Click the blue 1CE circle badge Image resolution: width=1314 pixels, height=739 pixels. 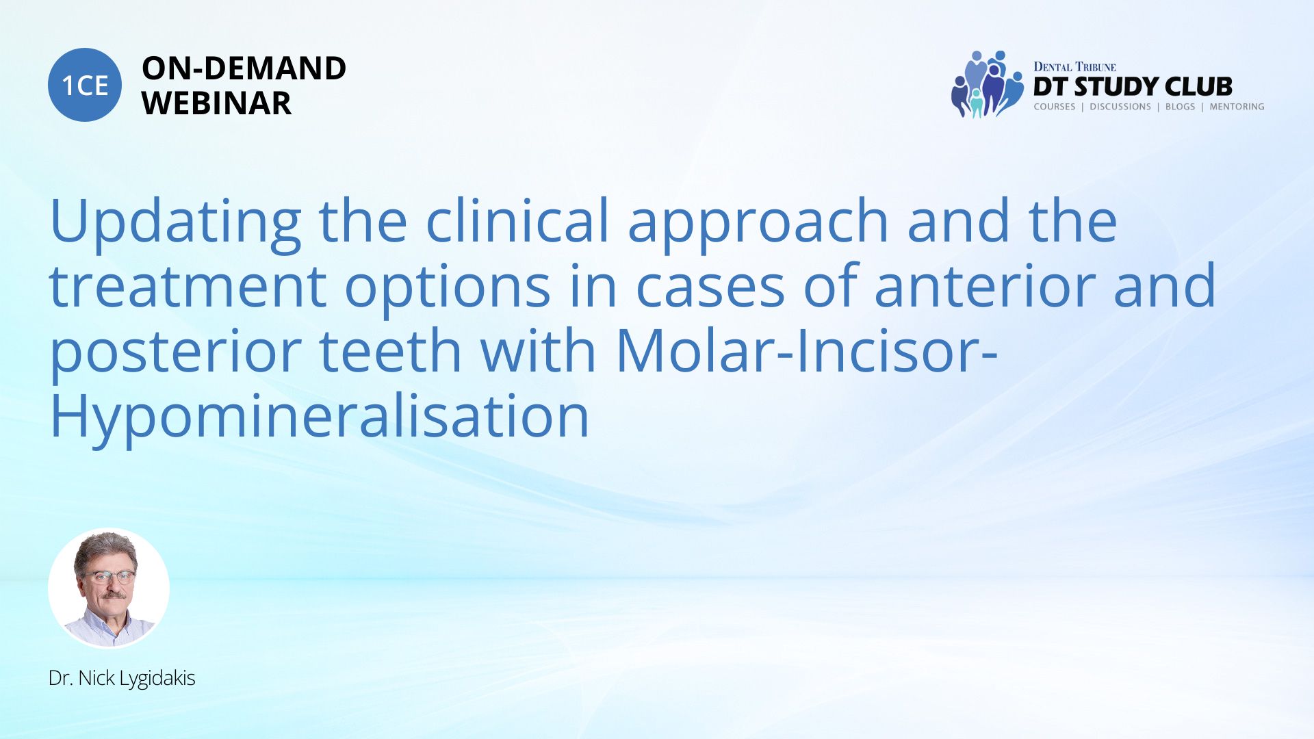(x=85, y=85)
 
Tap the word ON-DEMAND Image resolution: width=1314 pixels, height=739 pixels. (x=244, y=68)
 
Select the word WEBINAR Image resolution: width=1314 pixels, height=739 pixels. (x=216, y=103)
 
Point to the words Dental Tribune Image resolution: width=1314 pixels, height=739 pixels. (x=1074, y=67)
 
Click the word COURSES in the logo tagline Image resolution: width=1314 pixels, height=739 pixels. (x=1054, y=107)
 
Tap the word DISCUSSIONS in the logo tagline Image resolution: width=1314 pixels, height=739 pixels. (x=1120, y=107)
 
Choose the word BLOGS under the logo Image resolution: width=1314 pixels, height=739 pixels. (x=1180, y=107)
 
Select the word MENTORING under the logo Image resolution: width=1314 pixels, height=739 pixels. (x=1237, y=107)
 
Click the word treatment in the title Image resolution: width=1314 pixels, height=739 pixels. (x=188, y=286)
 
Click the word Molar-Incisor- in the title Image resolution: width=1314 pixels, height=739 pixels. (x=807, y=350)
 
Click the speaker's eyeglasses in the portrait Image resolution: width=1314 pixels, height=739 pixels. (x=109, y=576)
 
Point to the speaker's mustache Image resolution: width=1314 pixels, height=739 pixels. (x=111, y=595)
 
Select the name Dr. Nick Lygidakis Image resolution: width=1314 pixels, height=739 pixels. (x=122, y=678)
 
